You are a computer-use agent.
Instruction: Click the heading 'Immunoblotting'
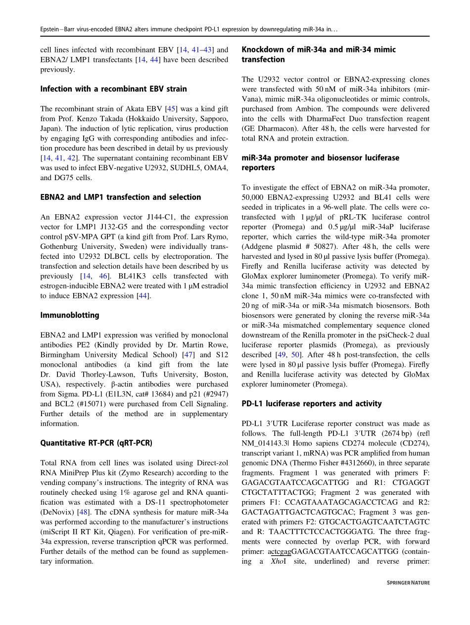pos(70,315)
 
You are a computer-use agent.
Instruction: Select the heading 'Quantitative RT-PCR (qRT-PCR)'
pos(96,443)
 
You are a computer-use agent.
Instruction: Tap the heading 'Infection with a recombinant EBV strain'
pos(114,89)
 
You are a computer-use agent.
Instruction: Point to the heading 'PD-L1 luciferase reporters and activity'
pos(312,404)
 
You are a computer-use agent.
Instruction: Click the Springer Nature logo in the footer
pos(408,583)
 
